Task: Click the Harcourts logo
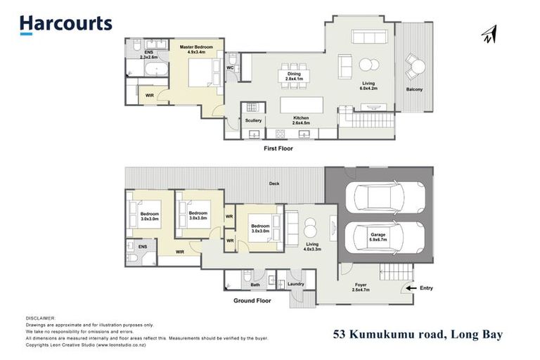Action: [65, 24]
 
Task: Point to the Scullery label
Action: [253, 120]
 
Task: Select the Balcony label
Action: [415, 89]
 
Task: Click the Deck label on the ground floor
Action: [274, 184]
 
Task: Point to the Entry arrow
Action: [411, 288]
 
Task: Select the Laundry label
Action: [296, 284]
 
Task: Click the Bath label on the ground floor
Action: [255, 285]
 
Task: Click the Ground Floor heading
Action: [252, 300]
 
